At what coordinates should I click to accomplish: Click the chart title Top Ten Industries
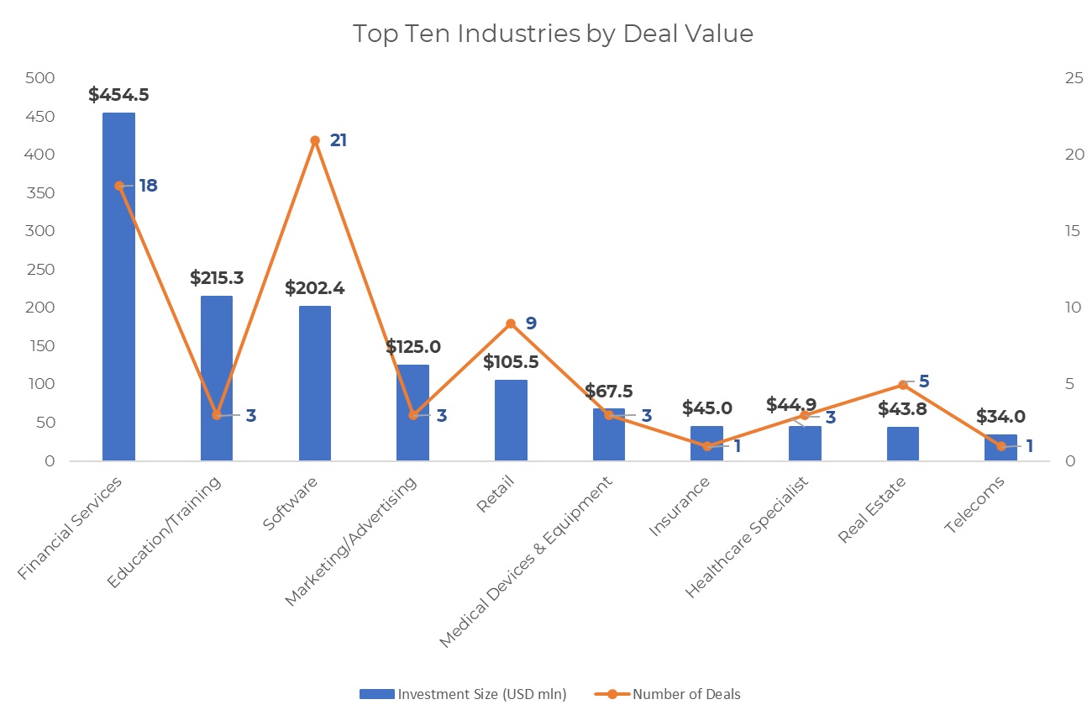point(553,34)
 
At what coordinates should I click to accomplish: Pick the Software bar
point(315,383)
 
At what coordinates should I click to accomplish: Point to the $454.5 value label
point(118,95)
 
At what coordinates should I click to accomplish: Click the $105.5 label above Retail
point(511,362)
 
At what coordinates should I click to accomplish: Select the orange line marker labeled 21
point(315,140)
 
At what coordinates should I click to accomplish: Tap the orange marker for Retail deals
point(511,323)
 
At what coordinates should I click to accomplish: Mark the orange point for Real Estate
point(903,385)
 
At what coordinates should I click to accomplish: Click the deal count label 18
point(148,186)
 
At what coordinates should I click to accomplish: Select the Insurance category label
point(680,506)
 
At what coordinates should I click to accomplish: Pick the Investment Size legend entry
point(463,694)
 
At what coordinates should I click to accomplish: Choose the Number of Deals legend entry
point(668,694)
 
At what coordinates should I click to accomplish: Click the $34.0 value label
point(1000,417)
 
